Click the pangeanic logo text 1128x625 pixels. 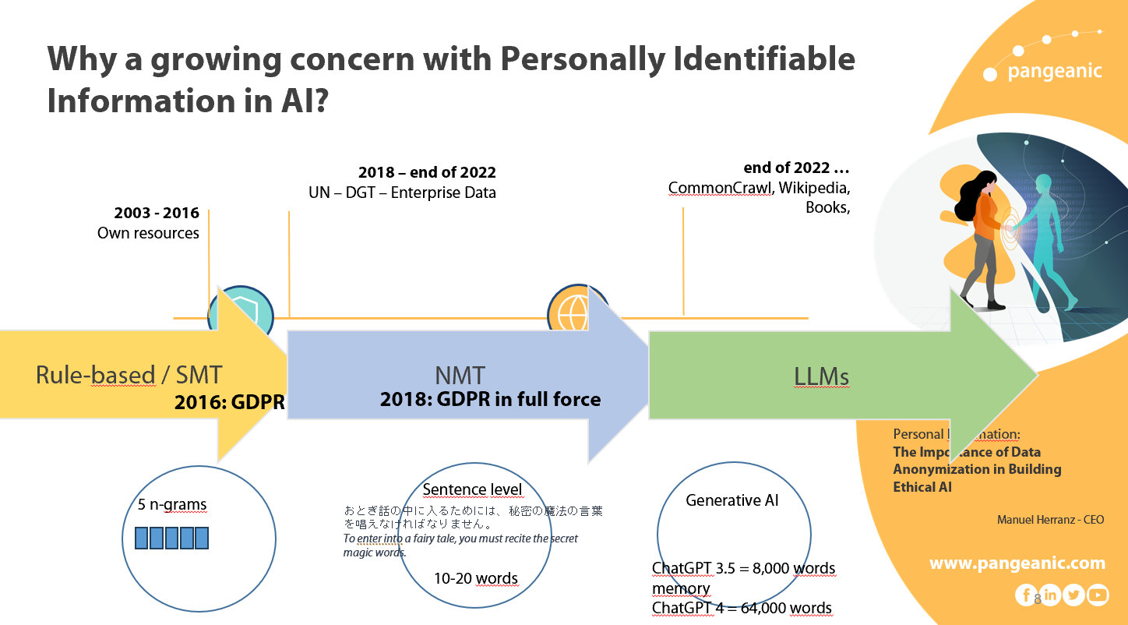coord(1054,72)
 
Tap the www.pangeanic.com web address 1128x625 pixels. coord(1017,563)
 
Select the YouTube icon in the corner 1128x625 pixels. coord(1097,595)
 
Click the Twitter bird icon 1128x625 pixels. coord(1073,595)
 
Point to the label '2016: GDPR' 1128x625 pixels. coord(229,402)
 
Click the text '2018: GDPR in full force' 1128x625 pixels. coord(490,400)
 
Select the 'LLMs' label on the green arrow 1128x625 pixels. coord(821,377)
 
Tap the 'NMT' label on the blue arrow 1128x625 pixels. coord(460,376)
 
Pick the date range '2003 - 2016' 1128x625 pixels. coord(157,213)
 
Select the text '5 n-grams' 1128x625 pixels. coord(172,505)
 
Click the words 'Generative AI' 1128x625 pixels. coord(731,500)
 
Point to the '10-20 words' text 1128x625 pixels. coord(475,578)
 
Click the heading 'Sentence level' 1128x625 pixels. coord(472,490)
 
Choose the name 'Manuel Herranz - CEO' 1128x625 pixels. coord(1050,520)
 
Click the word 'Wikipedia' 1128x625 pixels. coord(813,188)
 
